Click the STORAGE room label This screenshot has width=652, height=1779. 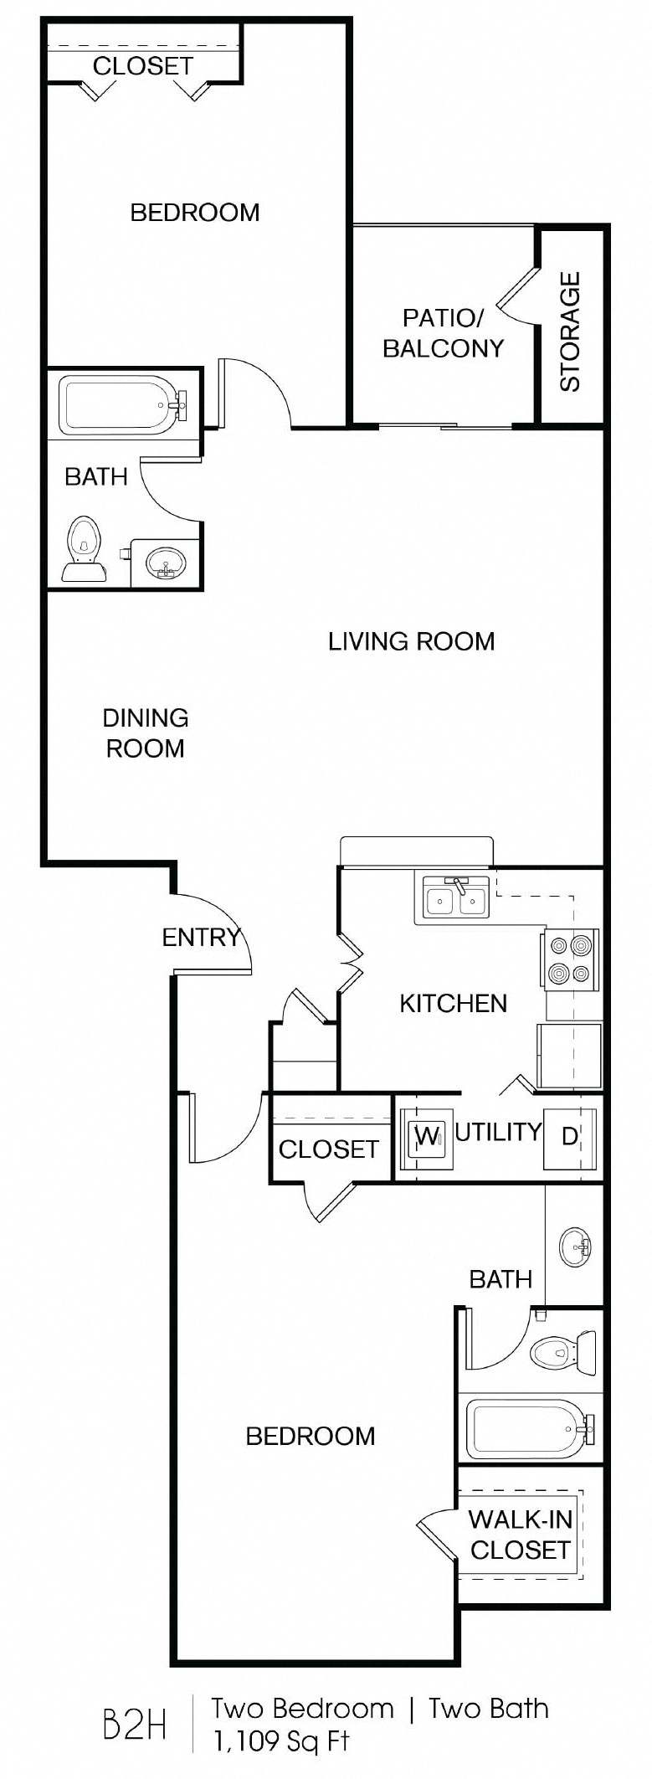570,332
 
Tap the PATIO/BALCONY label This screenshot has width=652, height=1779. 443,332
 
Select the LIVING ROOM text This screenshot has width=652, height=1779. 411,641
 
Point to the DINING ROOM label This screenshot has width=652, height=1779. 145,733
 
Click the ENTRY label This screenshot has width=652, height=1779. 201,937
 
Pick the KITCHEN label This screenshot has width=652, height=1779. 453,1003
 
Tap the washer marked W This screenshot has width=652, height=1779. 427,1136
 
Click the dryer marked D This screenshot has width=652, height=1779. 570,1137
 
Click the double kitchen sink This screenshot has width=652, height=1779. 455,900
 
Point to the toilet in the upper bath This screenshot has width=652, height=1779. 83,548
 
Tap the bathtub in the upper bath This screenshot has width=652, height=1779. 122,406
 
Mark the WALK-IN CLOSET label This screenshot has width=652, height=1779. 520,1534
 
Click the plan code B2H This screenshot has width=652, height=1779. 134,1726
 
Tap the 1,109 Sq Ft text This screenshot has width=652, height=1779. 281,1741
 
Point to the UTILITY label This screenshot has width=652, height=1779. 498,1132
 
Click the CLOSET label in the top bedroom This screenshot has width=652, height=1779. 143,65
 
